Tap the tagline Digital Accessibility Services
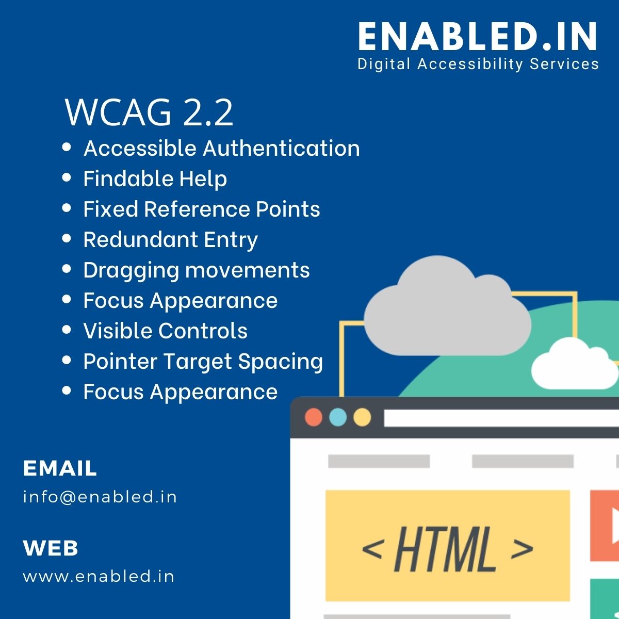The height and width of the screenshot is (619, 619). tap(478, 64)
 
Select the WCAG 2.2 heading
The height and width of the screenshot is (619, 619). tap(149, 112)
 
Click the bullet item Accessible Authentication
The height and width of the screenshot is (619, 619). tap(221, 149)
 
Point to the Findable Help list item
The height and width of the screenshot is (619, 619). tap(155, 179)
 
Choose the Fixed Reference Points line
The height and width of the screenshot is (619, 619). tap(201, 209)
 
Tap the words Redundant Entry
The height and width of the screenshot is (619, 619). tap(170, 240)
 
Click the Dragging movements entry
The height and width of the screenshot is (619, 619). tap(196, 270)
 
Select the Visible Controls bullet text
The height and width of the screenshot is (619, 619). tap(165, 331)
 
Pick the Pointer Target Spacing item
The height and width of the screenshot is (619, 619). tap(203, 362)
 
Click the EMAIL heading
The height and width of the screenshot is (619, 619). tap(60, 468)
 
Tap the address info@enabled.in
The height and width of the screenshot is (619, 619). tap(100, 497)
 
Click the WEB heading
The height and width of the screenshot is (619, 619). tap(51, 548)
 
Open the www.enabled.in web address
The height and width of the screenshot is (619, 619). tap(99, 576)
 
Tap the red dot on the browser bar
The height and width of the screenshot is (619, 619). tap(314, 417)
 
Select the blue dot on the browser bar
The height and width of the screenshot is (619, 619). tap(338, 417)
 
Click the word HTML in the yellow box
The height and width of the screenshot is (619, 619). tap(445, 548)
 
